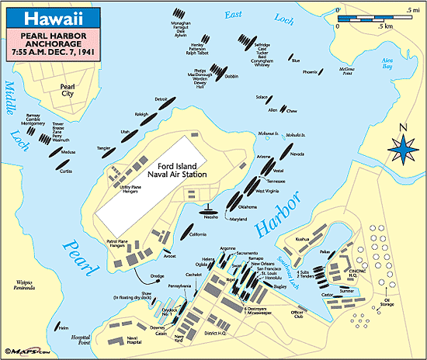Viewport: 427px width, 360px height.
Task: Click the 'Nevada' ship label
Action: [x=297, y=154]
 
